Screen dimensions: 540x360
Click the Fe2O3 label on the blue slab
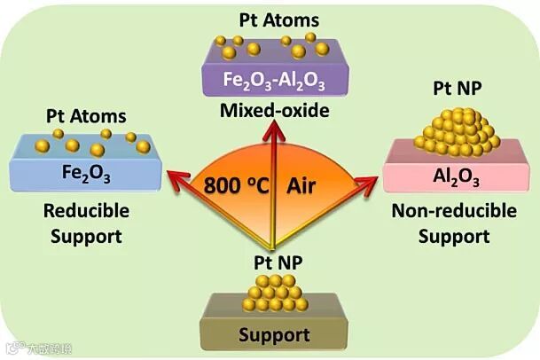pos(86,169)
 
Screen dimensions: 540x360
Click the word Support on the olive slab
pos(273,335)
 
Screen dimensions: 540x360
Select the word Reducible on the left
pos(86,211)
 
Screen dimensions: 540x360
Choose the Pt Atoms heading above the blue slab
pos(85,116)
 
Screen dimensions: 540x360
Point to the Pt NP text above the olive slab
pos(273,262)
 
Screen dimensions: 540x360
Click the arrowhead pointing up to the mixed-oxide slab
pos(273,130)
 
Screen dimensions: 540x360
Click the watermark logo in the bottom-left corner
pos(12,348)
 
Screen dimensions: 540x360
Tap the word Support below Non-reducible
pos(454,236)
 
